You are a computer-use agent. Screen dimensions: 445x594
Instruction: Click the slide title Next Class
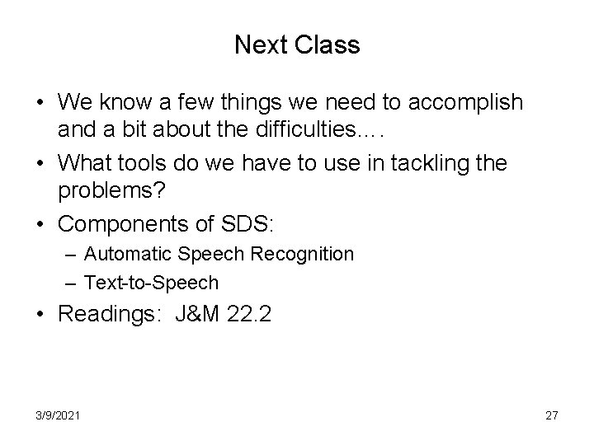tap(297, 44)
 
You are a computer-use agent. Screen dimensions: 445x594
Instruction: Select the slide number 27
tap(551, 415)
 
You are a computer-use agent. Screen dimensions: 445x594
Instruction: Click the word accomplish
tap(469, 102)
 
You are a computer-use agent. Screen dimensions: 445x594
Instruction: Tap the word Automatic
tap(125, 255)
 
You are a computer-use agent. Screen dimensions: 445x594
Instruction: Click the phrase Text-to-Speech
tap(151, 283)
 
